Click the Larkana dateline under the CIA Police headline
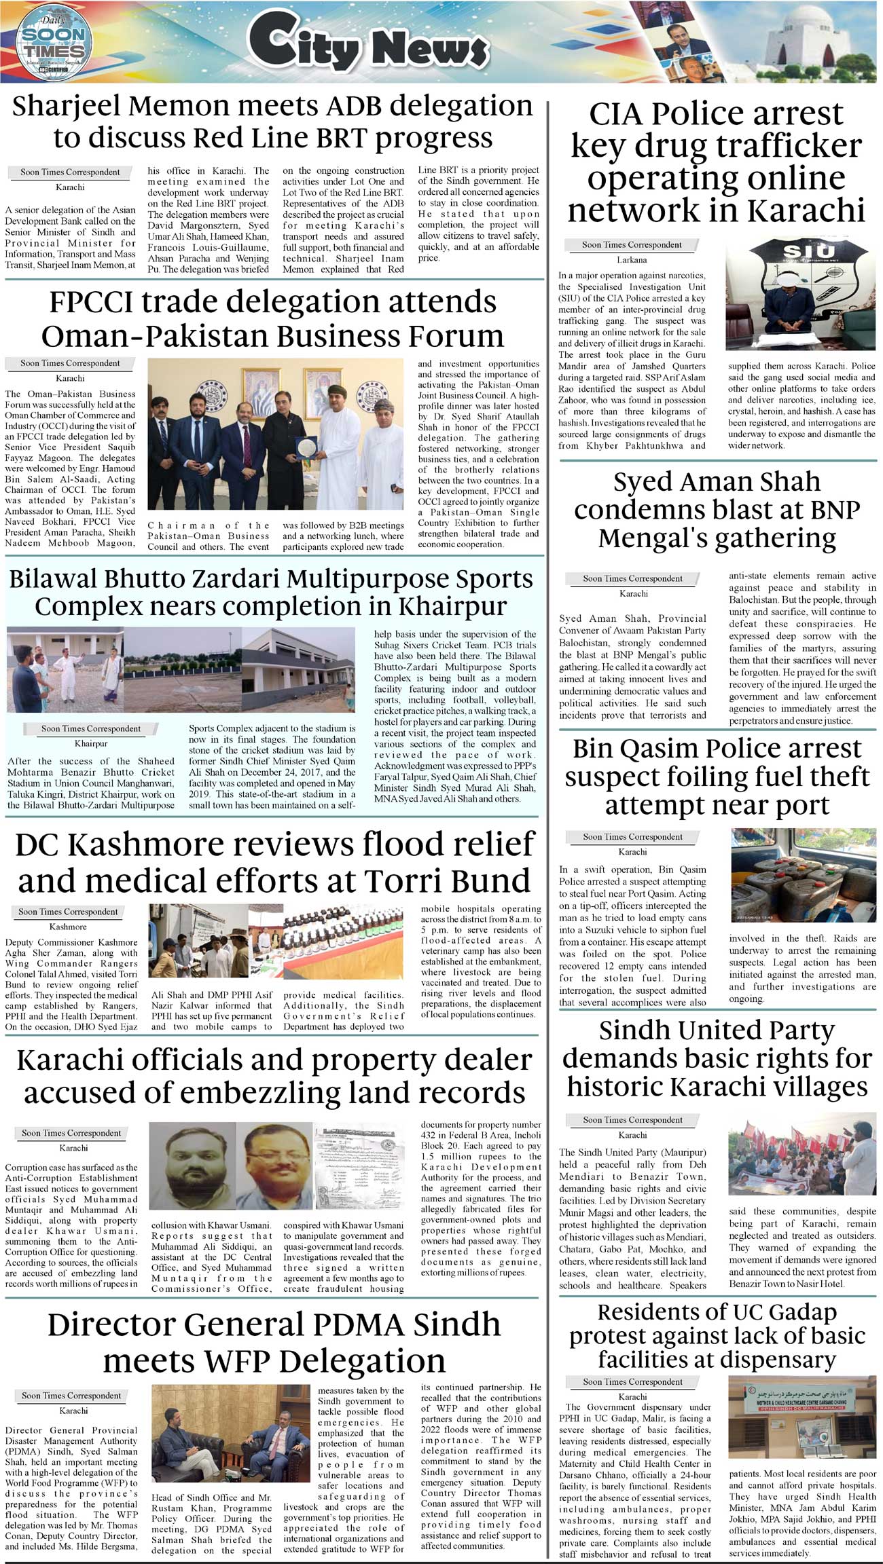click(631, 260)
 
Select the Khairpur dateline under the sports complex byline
click(91, 743)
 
